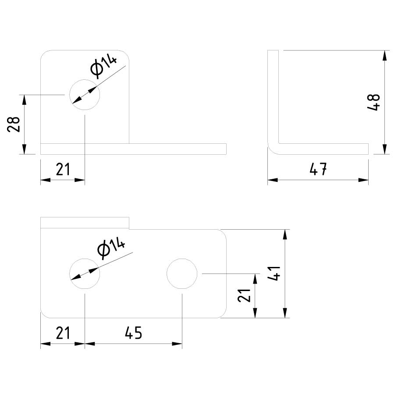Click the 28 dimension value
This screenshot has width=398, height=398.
pyautogui.click(x=14, y=124)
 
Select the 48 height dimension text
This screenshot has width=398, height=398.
pyautogui.click(x=373, y=102)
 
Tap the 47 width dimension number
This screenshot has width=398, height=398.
pyautogui.click(x=318, y=169)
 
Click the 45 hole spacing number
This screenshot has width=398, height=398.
pyautogui.click(x=134, y=333)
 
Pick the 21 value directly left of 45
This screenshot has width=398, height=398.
pyautogui.click(x=63, y=333)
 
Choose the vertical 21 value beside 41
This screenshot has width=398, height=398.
pyautogui.click(x=244, y=295)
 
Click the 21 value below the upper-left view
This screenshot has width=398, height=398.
pyautogui.click(x=63, y=169)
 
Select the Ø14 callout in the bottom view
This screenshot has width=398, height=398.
pyautogui.click(x=111, y=249)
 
